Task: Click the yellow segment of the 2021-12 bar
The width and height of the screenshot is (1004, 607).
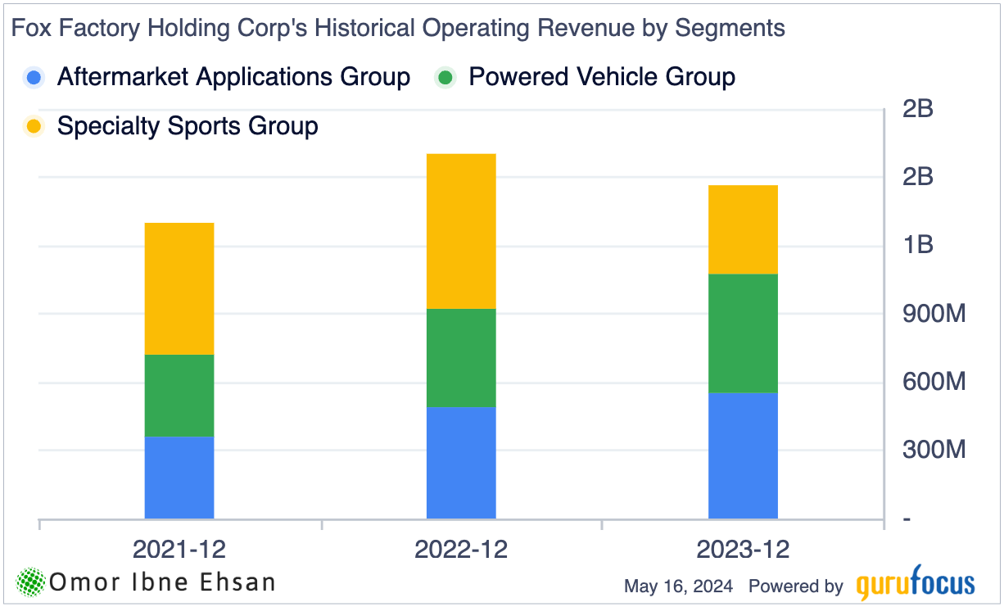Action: [179, 288]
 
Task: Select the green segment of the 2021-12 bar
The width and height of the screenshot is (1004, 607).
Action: [179, 396]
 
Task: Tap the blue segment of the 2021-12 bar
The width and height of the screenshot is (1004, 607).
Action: [179, 478]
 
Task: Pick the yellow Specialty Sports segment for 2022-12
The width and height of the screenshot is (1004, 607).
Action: [461, 231]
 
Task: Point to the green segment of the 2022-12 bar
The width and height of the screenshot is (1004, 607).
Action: [461, 358]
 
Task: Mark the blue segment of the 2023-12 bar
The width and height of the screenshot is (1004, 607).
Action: [743, 455]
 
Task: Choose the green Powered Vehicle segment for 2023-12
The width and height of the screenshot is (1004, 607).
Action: [743, 333]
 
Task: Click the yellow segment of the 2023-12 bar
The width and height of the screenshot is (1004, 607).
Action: [743, 229]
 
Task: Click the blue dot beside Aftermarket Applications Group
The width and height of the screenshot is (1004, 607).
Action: [34, 78]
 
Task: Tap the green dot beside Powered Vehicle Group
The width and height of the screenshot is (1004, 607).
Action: [445, 78]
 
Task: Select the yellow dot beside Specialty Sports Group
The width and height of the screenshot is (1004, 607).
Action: [34, 127]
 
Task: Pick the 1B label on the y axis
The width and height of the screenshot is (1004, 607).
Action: [917, 245]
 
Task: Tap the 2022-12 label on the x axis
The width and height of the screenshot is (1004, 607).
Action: [461, 550]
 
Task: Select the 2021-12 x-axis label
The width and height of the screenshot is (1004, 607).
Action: [179, 550]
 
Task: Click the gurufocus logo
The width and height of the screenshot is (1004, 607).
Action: [916, 585]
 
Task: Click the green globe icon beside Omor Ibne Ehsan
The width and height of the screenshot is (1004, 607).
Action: [30, 582]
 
